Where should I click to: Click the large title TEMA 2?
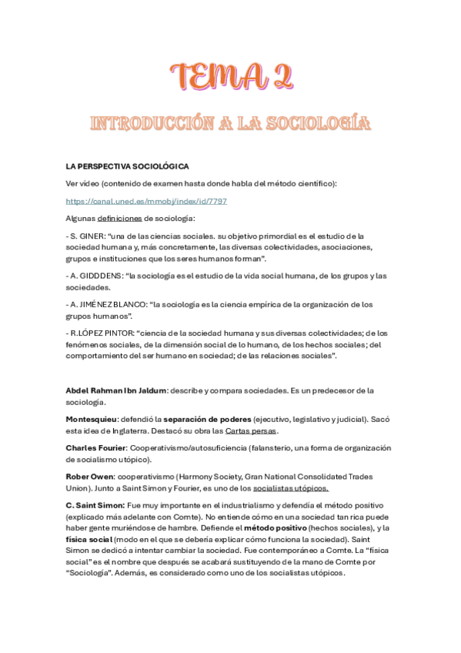point(230,77)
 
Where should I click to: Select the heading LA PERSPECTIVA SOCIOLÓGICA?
point(128,166)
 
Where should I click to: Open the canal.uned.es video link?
point(146,201)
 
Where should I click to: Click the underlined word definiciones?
point(119,219)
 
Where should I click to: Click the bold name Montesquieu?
point(92,420)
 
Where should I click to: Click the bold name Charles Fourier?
point(96,448)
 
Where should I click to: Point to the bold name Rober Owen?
point(89,477)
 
